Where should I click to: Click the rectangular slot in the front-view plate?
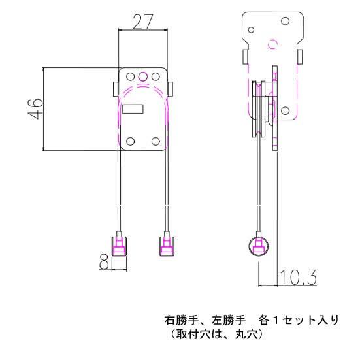134,110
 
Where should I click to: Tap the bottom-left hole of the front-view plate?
131,141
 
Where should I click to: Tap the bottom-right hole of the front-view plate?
155,141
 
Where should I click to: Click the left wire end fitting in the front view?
120,246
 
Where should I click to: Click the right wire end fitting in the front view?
166,246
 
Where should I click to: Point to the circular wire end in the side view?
259,246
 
